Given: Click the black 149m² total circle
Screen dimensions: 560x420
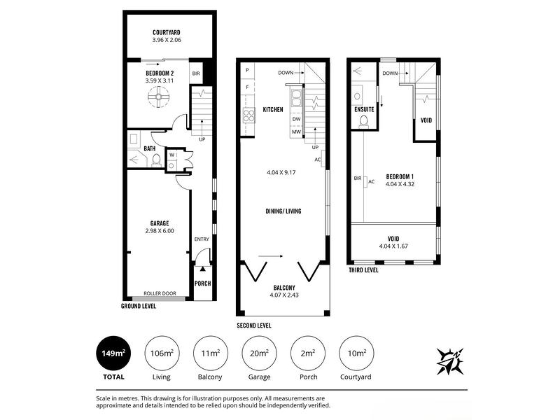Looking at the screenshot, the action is click(113, 353).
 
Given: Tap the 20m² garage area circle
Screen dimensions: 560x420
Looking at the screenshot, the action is click(259, 353).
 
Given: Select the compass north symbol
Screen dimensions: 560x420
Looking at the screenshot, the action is click(450, 361).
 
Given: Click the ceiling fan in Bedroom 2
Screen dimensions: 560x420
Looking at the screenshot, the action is click(158, 97).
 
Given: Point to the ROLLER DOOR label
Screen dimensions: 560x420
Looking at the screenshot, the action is click(160, 293).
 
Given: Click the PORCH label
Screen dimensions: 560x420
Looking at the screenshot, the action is click(202, 283).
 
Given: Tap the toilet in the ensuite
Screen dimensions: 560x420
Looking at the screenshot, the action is click(364, 121).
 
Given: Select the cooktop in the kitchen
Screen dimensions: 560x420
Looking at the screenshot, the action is click(249, 115).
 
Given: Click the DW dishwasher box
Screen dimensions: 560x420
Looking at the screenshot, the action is click(296, 119).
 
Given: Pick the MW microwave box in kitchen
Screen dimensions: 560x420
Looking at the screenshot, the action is click(296, 132).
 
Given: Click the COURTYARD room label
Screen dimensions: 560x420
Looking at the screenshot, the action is click(167, 32).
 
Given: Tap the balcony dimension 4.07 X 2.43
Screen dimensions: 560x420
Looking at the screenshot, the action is click(284, 295).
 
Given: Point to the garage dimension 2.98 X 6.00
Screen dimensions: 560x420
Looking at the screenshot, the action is click(160, 231).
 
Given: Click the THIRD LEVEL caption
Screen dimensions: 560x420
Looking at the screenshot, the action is click(363, 270).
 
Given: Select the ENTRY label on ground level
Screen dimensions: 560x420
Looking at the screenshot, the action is click(202, 239).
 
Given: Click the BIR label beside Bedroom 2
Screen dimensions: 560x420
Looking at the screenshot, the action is click(196, 73).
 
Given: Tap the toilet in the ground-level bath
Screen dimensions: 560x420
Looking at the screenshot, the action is click(156, 161).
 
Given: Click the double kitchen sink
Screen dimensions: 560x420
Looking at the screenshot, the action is click(296, 99).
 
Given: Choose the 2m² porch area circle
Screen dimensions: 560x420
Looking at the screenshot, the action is click(308, 353).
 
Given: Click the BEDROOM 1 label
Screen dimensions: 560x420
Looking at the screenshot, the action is click(400, 176).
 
